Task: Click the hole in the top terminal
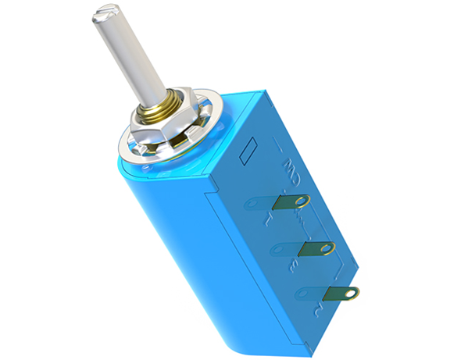[x=302, y=201]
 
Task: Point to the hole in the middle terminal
[x=327, y=248]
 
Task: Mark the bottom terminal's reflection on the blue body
[x=307, y=296]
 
